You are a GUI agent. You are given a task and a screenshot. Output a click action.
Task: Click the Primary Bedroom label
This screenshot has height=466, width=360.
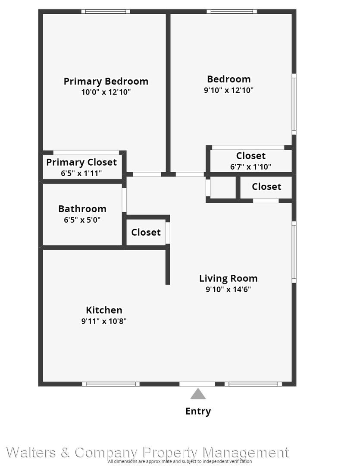point(106,81)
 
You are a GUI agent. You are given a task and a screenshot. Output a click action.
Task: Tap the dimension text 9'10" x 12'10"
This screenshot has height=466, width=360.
point(229,90)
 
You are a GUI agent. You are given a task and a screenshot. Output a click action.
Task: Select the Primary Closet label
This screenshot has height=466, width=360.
point(81,162)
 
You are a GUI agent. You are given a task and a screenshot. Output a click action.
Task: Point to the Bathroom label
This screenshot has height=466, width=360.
point(82,209)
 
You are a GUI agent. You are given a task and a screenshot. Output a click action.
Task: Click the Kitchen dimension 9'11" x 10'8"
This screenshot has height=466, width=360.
point(104,321)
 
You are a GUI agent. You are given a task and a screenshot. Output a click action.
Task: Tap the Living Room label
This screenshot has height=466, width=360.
point(228,278)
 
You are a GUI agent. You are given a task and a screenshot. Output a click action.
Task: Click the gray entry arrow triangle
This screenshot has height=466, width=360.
point(198,394)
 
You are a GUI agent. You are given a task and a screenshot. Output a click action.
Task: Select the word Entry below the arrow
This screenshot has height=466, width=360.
point(198,411)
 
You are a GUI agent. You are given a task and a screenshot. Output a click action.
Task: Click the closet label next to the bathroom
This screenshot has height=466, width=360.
point(146,232)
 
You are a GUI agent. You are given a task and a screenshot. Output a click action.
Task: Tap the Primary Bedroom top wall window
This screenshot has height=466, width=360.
point(106,12)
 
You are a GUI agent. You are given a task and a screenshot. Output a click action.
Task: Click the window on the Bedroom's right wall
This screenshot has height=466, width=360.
point(294,104)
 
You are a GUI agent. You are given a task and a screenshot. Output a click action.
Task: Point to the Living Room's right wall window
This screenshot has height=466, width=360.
point(294,252)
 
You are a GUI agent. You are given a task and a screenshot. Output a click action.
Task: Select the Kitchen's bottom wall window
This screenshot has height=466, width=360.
point(110,384)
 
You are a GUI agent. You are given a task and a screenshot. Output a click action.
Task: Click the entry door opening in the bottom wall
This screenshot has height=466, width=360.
point(197,384)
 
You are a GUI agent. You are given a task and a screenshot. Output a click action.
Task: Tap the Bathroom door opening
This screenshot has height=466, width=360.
point(124,200)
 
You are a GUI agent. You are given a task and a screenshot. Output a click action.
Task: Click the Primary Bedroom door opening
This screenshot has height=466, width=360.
point(147,174)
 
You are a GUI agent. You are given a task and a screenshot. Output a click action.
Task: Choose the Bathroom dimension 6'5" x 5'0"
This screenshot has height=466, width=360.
point(82,220)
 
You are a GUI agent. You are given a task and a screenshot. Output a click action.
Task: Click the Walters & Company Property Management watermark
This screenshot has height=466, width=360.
point(147,453)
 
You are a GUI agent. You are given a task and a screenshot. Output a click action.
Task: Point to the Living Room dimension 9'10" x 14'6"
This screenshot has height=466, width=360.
point(228,289)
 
